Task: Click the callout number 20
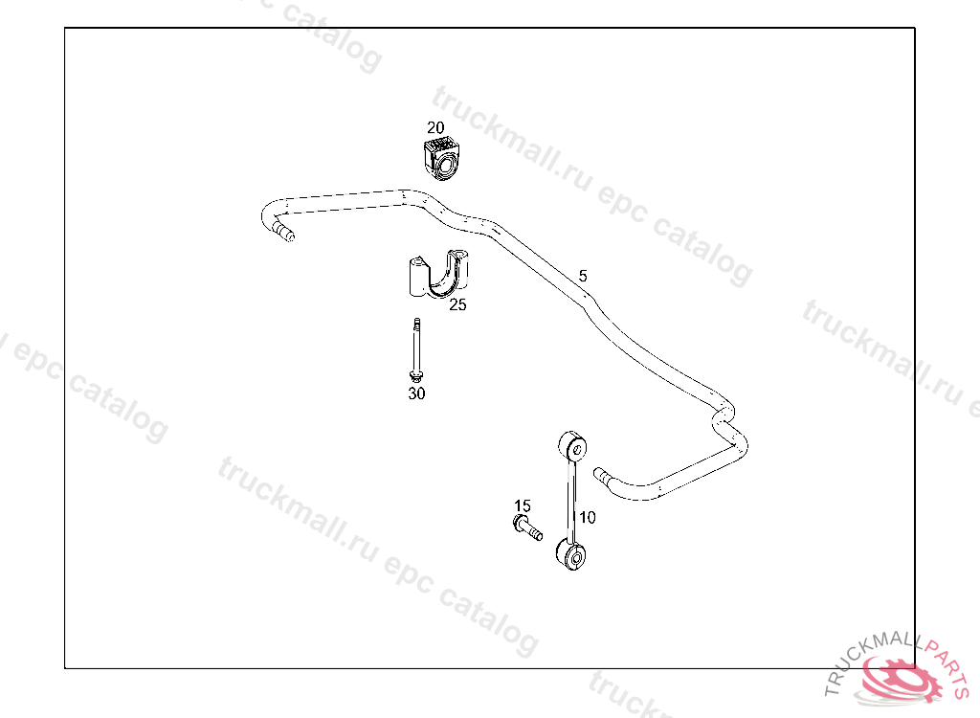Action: (435, 127)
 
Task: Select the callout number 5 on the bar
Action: (583, 276)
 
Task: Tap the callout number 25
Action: (457, 305)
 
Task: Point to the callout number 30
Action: (416, 393)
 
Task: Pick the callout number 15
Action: (522, 505)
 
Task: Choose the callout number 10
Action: (588, 517)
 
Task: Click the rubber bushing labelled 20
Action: (441, 159)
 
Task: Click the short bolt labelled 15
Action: (527, 527)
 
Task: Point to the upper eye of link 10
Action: (572, 447)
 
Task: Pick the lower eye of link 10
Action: (570, 555)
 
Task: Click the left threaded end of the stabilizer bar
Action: (283, 231)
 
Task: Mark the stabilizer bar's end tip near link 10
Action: (601, 473)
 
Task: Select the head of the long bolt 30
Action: (415, 374)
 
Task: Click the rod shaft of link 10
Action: (571, 501)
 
